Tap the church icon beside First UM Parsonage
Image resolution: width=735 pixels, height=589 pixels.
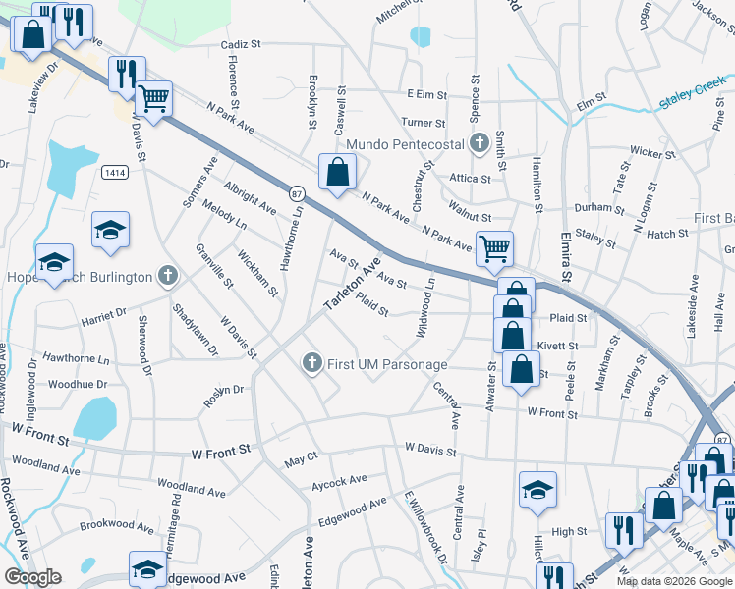pyautogui.click(x=312, y=364)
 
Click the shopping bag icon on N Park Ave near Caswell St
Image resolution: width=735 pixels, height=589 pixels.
pyautogui.click(x=337, y=172)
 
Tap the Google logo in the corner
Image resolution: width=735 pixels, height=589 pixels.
pyautogui.click(x=32, y=576)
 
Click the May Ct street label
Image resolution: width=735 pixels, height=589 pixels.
pyautogui.click(x=301, y=459)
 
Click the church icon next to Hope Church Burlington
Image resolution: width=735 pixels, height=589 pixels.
pyautogui.click(x=169, y=276)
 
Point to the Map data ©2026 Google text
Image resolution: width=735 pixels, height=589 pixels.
pyautogui.click(x=673, y=581)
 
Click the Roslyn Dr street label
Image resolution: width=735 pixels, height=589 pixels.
pyautogui.click(x=223, y=390)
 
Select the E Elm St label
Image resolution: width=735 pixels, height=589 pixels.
pyautogui.click(x=426, y=95)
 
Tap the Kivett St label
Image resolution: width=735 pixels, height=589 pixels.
pyautogui.click(x=558, y=346)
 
